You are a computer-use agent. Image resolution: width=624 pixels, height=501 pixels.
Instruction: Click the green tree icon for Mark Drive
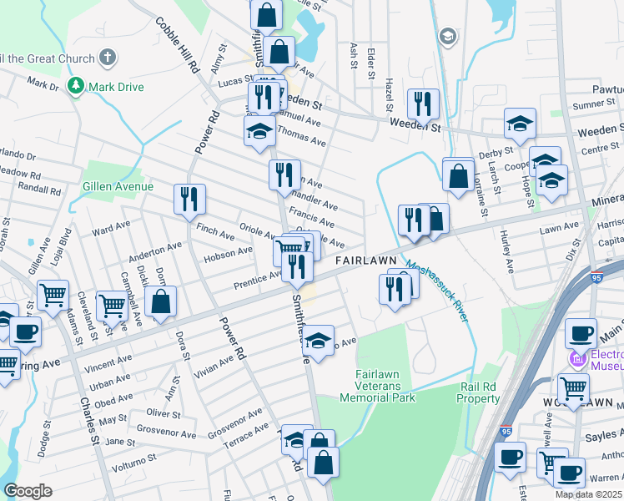click(x=76, y=86)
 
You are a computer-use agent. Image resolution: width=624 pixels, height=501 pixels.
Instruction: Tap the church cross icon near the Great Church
click(x=106, y=58)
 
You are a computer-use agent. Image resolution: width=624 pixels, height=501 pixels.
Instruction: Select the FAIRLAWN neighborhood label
click(x=365, y=261)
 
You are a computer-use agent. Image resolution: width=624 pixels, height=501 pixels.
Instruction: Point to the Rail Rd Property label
click(x=478, y=392)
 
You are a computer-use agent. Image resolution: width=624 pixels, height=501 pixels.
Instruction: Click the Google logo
click(x=28, y=491)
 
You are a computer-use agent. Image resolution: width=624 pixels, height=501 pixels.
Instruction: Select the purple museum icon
click(x=576, y=360)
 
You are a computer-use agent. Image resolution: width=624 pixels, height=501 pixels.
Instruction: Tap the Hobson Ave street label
click(x=228, y=252)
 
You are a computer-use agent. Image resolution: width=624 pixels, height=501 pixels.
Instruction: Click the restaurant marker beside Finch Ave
click(x=189, y=199)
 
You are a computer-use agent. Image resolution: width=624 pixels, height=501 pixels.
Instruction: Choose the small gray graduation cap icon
click(x=448, y=37)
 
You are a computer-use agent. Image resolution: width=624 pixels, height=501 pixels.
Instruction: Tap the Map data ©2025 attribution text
click(x=588, y=493)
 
